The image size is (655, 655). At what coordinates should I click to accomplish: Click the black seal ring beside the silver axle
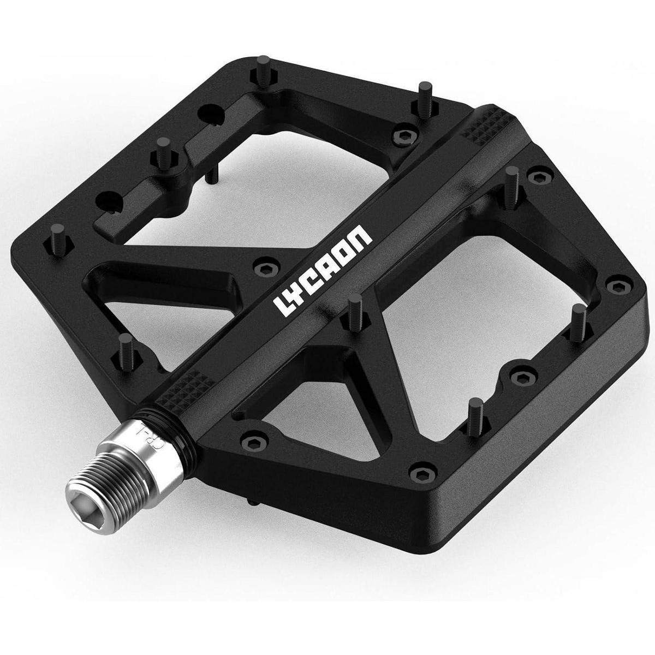[x=177, y=430]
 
